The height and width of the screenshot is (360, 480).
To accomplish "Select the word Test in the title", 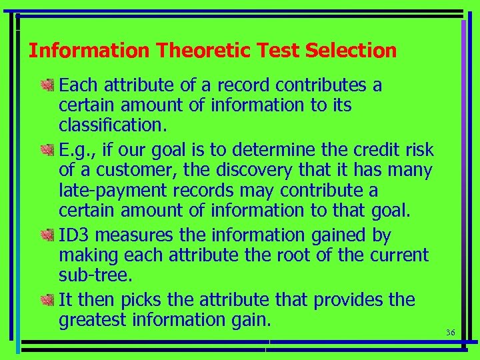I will [273, 51].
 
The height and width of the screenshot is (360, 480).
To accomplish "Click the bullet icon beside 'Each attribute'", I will [48, 85].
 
